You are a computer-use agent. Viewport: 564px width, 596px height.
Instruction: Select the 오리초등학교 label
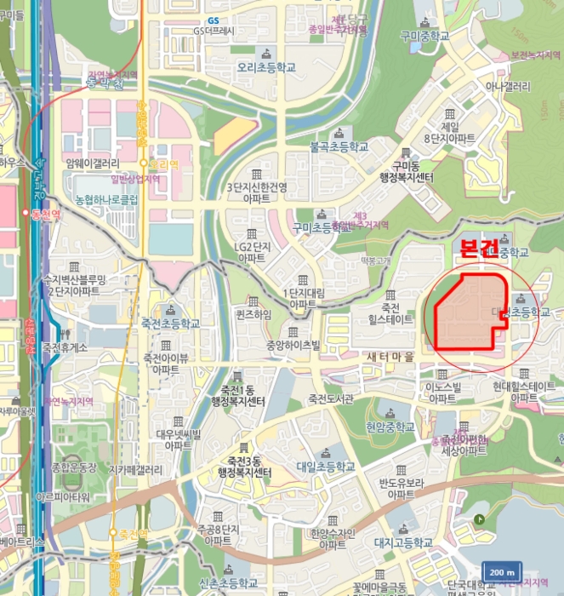267,66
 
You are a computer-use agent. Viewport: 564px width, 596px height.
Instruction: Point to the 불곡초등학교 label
339,146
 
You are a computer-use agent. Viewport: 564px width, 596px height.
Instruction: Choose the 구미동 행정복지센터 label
407,172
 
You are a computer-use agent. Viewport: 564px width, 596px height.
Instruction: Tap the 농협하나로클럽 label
105,200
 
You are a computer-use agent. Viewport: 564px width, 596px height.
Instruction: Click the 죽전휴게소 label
65,347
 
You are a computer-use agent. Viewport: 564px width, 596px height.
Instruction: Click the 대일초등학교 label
326,467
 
